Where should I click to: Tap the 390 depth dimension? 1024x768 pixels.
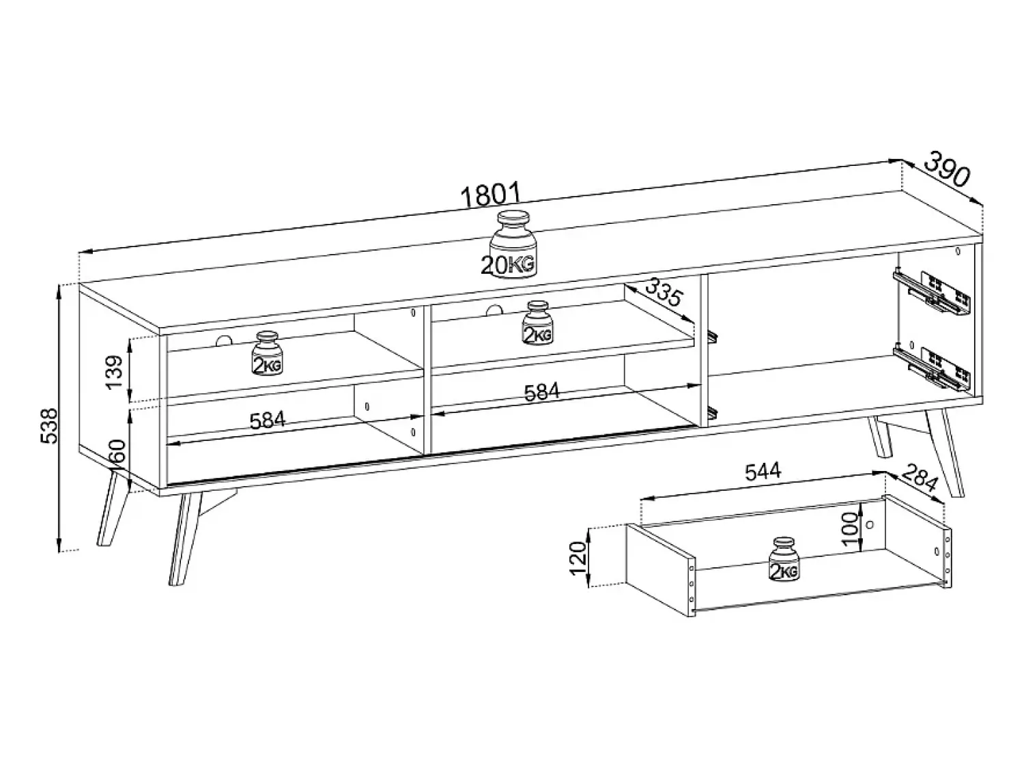(947, 169)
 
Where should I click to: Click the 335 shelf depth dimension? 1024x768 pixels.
(662, 298)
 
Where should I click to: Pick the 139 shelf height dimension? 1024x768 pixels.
(114, 371)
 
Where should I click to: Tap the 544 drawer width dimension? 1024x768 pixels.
(763, 472)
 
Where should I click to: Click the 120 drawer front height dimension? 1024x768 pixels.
(578, 558)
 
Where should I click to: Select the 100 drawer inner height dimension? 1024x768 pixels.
(849, 530)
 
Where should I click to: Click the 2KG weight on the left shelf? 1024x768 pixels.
(268, 353)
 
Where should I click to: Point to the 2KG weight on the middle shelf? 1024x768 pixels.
(537, 323)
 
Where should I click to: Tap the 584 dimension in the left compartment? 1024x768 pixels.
(268, 421)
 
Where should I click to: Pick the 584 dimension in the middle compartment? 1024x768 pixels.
(541, 393)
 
